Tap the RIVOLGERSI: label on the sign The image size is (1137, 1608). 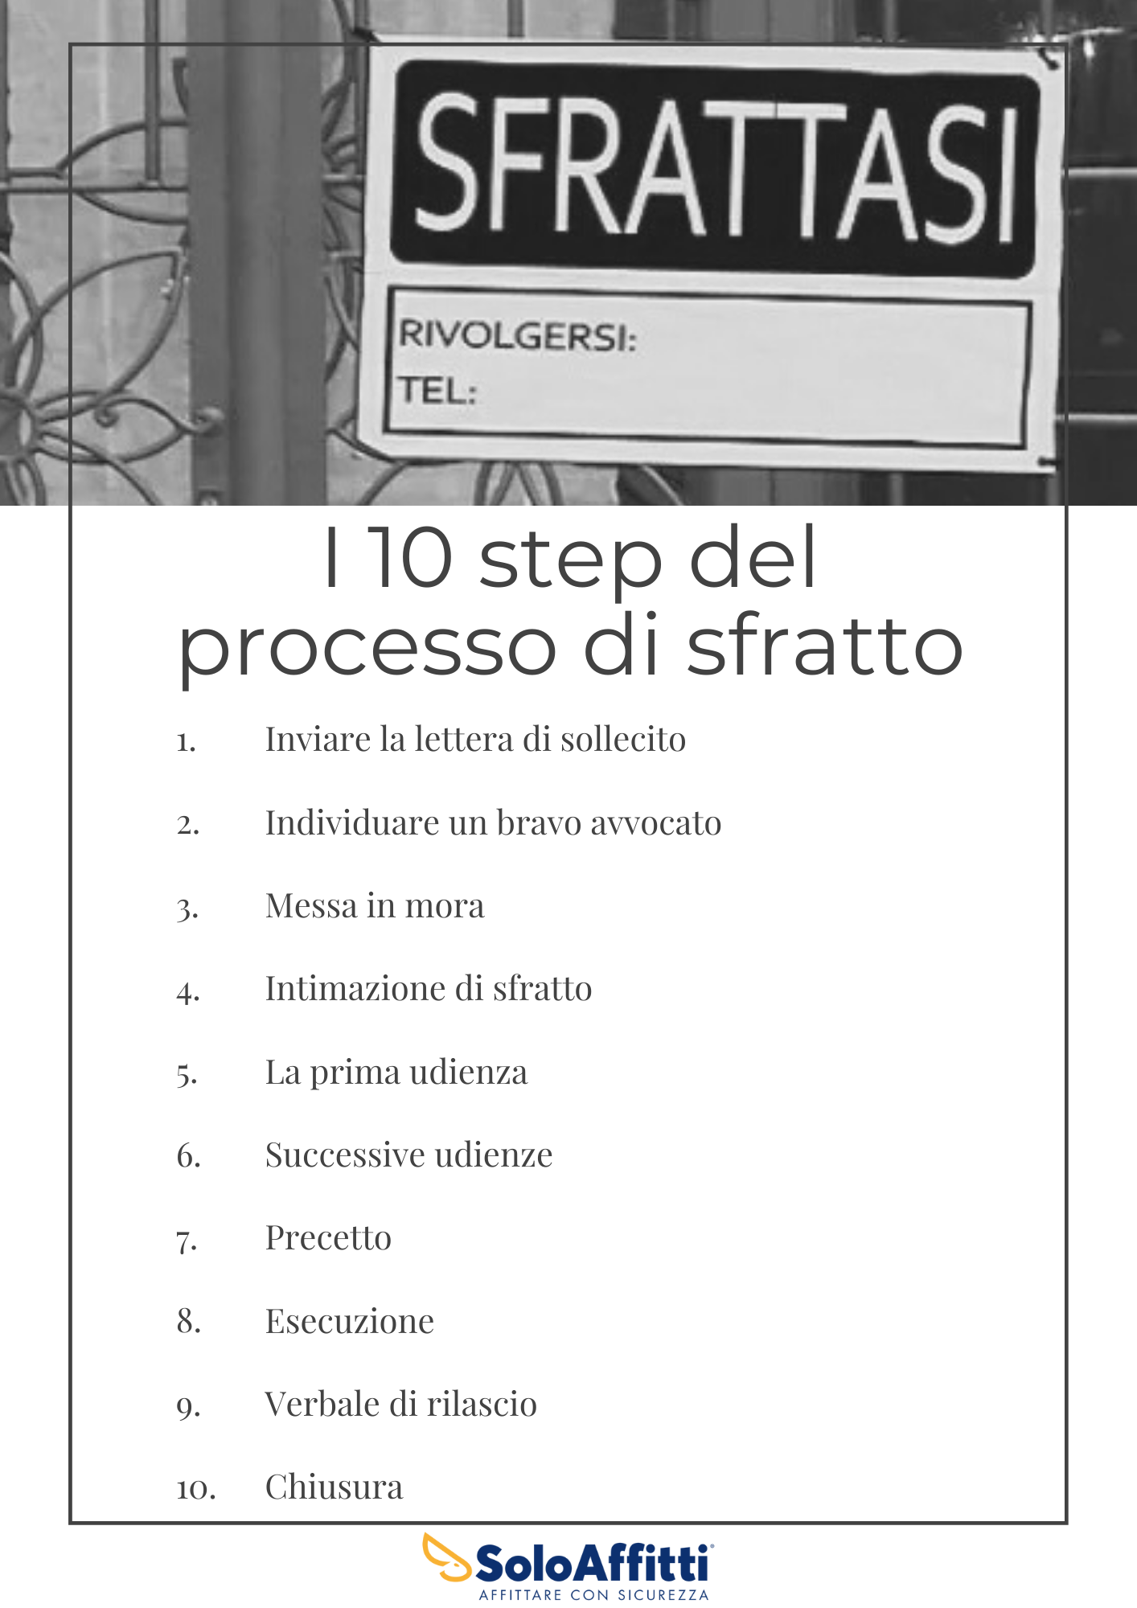[x=518, y=334]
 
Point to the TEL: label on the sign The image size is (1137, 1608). [x=438, y=391]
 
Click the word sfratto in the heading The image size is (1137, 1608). [x=825, y=643]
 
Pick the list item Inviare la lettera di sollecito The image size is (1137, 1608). [x=475, y=740]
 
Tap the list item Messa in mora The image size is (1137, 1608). [x=375, y=906]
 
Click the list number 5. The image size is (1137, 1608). [x=187, y=1074]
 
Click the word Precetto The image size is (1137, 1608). [x=328, y=1238]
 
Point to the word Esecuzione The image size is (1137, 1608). [x=350, y=1322]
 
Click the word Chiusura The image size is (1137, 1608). [x=334, y=1487]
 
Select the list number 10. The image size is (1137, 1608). [x=196, y=1490]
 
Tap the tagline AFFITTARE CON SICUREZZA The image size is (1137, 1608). [x=594, y=1594]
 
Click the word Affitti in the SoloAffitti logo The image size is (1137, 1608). [x=644, y=1564]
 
